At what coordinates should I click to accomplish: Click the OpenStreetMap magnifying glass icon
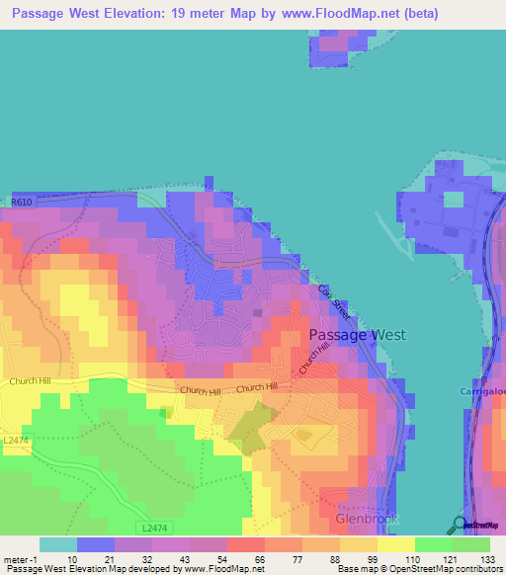click(460, 525)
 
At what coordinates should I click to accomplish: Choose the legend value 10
click(72, 559)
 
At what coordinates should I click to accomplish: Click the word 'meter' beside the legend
click(16, 559)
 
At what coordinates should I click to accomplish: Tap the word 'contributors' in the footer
click(473, 569)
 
